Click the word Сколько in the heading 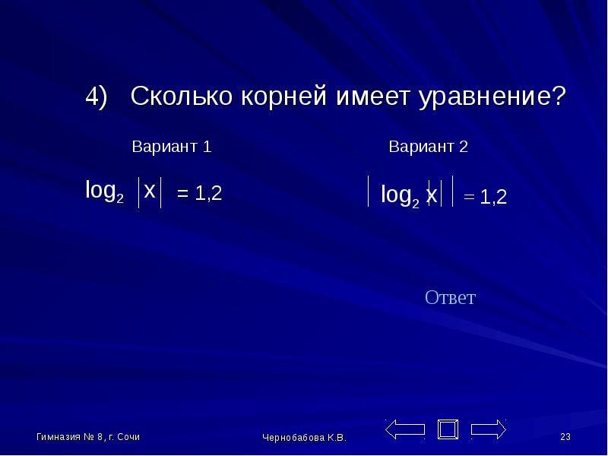coord(181,96)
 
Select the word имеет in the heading coord(372,97)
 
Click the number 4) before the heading coord(96,97)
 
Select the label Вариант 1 coord(172,146)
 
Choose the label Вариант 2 coord(428,146)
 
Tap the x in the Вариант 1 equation coord(149,191)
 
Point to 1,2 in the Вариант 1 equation coord(208,193)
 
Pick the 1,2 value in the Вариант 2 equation coord(493,197)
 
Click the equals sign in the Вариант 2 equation coord(469,197)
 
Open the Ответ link coord(450,297)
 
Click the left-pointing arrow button coord(405,429)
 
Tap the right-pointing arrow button coord(489,429)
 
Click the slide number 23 coord(565,437)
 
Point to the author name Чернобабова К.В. coord(304,438)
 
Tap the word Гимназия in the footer coord(59,437)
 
